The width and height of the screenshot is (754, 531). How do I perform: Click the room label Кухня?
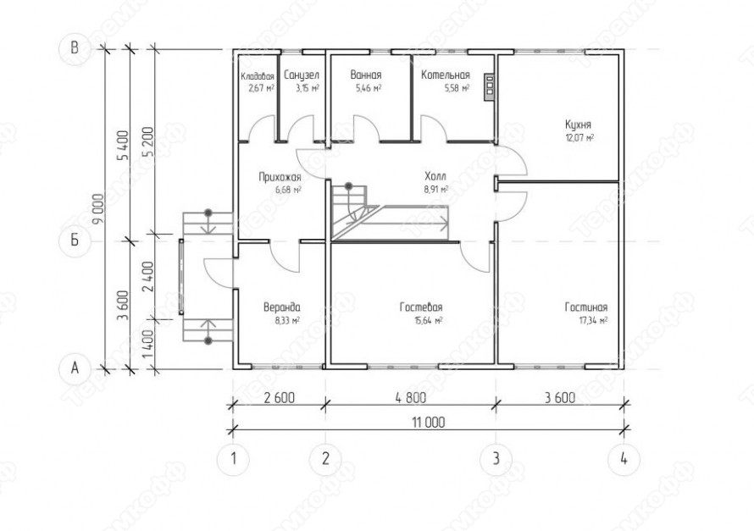click(x=578, y=125)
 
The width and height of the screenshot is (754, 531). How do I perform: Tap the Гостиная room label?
click(x=585, y=307)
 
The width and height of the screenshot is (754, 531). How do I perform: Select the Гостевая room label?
click(x=421, y=307)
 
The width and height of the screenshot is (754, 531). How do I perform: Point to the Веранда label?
click(x=282, y=307)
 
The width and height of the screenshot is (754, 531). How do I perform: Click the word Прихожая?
click(x=280, y=176)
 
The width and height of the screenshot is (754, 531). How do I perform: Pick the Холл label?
click(x=435, y=176)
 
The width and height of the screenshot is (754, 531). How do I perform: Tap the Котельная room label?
click(x=446, y=75)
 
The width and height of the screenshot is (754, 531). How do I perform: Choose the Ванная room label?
click(x=366, y=75)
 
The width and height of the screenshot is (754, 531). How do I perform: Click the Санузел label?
click(x=301, y=75)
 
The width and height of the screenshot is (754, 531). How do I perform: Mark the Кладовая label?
click(x=258, y=76)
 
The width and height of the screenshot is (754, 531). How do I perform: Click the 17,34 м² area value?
click(x=593, y=320)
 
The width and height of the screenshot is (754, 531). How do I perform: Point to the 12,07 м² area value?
click(x=579, y=138)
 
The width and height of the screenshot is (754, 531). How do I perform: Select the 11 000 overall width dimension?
click(x=429, y=423)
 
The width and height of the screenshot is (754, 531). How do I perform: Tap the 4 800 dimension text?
click(x=410, y=398)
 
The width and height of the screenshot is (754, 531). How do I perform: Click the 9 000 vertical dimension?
click(x=98, y=209)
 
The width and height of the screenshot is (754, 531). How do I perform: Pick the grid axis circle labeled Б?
click(x=75, y=240)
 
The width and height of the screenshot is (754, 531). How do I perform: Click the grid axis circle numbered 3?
click(x=496, y=459)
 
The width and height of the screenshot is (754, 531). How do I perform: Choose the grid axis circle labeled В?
click(x=75, y=48)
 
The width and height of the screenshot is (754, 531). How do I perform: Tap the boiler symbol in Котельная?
click(x=489, y=87)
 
